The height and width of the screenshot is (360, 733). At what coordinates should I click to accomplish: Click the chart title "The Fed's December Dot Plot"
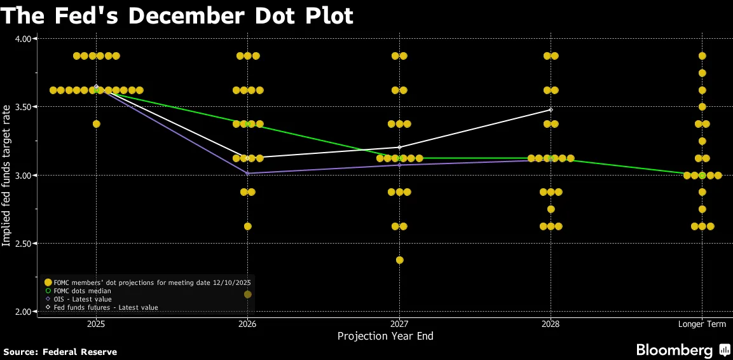(x=177, y=15)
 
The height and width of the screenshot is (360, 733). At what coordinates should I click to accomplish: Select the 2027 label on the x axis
(x=399, y=324)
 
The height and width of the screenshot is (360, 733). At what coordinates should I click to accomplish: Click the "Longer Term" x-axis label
(x=702, y=324)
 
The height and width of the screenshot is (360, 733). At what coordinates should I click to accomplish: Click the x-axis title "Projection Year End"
(x=385, y=336)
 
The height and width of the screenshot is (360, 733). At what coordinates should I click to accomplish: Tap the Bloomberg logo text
(x=675, y=350)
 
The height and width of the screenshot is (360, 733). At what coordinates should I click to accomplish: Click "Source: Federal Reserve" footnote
(x=60, y=352)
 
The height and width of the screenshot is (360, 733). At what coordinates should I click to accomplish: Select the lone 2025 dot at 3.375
(x=97, y=124)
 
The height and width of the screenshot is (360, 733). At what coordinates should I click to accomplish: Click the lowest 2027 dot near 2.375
(x=399, y=260)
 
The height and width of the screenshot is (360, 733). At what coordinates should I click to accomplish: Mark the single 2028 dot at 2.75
(x=551, y=209)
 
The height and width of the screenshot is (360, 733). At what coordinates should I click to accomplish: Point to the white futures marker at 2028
(x=551, y=110)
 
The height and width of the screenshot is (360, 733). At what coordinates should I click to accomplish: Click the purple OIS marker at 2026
(x=247, y=173)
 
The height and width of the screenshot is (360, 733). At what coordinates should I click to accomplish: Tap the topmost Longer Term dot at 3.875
(x=702, y=56)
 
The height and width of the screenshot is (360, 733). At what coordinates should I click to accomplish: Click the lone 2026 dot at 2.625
(x=247, y=226)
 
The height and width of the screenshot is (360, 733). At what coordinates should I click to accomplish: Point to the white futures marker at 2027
(x=399, y=147)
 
